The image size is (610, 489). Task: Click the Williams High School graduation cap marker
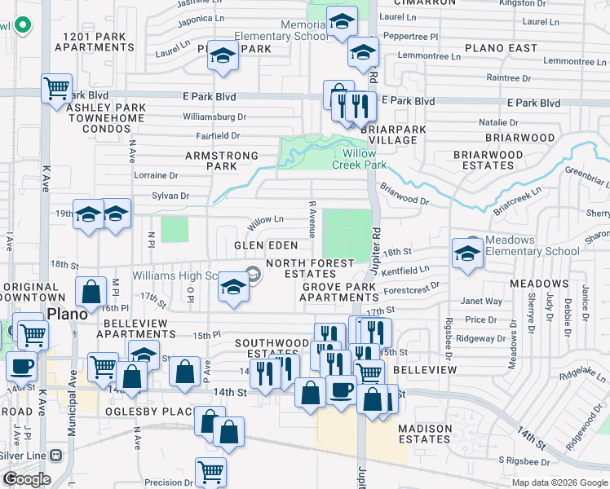pyautogui.click(x=233, y=288)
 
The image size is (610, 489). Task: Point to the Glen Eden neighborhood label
pyautogui.click(x=266, y=245)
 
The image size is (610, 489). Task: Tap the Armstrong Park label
pyautogui.click(x=222, y=161)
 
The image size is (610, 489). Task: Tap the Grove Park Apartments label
pyautogui.click(x=340, y=292)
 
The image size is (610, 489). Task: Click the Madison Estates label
pyautogui.click(x=425, y=434)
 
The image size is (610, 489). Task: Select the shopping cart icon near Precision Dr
pyautogui.click(x=210, y=471)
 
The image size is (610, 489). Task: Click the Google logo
pyautogui.click(x=27, y=479)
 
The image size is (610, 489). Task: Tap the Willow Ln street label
pyautogui.click(x=265, y=219)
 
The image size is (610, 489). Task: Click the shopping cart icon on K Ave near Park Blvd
pyautogui.click(x=56, y=88)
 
